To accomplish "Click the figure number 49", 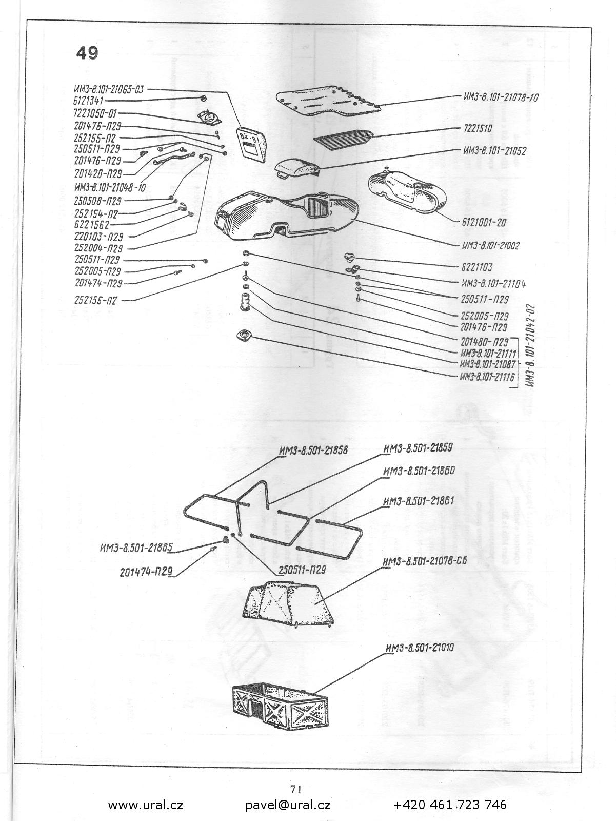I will point(87,53).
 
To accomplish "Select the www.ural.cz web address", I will point(146,805).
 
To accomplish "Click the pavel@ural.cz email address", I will point(288,805).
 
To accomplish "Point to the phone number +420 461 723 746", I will point(450,805).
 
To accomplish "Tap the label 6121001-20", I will point(484,223).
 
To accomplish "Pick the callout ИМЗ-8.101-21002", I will point(491,246).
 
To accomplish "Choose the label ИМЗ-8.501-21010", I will point(419,648).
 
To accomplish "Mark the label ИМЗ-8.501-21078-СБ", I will point(424,561).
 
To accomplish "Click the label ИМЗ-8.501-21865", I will point(136,548).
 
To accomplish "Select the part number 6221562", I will point(92,224).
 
